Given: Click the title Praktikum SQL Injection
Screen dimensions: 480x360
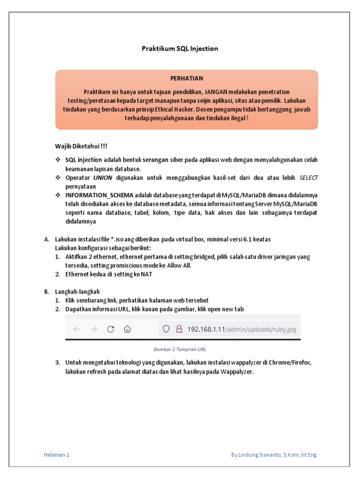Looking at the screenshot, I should pos(180,48).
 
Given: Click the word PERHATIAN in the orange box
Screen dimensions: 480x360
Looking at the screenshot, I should pos(187,78).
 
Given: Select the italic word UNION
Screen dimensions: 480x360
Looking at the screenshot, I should pos(103,178).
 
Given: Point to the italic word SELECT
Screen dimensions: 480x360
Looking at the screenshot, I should pos(308,178).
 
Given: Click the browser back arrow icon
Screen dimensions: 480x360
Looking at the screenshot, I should pos(77,329).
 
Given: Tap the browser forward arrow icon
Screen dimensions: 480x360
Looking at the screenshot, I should pos(94,329).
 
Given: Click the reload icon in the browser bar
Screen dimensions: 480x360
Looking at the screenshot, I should pos(111,329).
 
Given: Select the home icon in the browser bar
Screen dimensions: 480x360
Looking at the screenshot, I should pos(127,329).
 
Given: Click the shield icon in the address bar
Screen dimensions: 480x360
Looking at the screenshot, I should pos(165,329).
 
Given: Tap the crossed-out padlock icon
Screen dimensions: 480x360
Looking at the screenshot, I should pos(179,329).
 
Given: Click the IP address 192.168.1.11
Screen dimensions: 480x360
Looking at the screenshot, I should pos(206,329).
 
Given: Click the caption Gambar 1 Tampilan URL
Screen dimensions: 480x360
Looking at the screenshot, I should pos(180,349).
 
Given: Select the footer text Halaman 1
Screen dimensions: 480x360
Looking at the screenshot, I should pos(56,455).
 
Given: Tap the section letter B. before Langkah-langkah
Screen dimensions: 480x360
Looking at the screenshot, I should pos(47,291).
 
